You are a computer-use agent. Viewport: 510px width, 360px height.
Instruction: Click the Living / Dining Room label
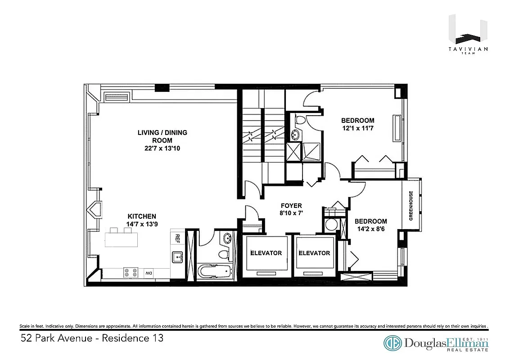(162, 136)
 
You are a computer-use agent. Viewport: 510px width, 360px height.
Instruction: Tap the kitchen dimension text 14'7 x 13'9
(141, 224)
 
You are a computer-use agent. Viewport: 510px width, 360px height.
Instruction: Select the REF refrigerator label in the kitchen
(177, 238)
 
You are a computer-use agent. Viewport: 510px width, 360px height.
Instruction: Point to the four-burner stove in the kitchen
(131, 273)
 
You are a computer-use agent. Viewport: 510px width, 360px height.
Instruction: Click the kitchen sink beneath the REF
(177, 257)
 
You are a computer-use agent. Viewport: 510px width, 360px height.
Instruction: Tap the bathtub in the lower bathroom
(214, 272)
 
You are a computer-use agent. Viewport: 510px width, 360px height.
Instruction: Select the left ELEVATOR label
(266, 253)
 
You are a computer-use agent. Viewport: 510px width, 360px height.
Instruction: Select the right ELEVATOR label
(314, 253)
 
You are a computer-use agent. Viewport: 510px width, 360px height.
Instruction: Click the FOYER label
(291, 206)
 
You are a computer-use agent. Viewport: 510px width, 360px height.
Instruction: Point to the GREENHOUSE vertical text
(411, 205)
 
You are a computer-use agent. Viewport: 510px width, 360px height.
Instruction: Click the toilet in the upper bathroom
(300, 120)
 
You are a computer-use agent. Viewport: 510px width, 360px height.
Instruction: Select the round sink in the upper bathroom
(295, 134)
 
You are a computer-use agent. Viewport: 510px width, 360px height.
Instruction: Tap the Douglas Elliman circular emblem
(393, 343)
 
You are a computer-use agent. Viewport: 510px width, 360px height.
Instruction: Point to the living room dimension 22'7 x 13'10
(162, 148)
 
